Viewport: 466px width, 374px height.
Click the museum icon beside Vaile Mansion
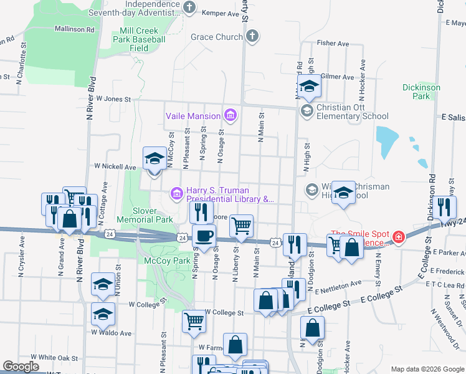coord(231,115)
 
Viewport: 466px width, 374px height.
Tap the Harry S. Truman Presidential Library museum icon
coord(177,194)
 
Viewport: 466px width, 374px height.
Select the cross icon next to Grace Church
coord(252,37)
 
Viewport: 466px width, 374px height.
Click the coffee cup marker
coord(204,236)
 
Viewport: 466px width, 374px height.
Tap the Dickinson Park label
coord(421,92)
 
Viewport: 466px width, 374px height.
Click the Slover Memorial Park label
coord(145,215)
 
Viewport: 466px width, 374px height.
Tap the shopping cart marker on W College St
coord(194,322)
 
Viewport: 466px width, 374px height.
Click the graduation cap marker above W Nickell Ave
coord(155,158)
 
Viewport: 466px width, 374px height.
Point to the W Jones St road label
coord(113,99)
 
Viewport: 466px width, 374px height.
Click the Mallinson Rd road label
coord(74,29)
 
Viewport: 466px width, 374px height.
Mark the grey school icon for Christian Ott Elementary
coord(307,111)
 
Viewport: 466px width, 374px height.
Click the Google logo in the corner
coord(21,367)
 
